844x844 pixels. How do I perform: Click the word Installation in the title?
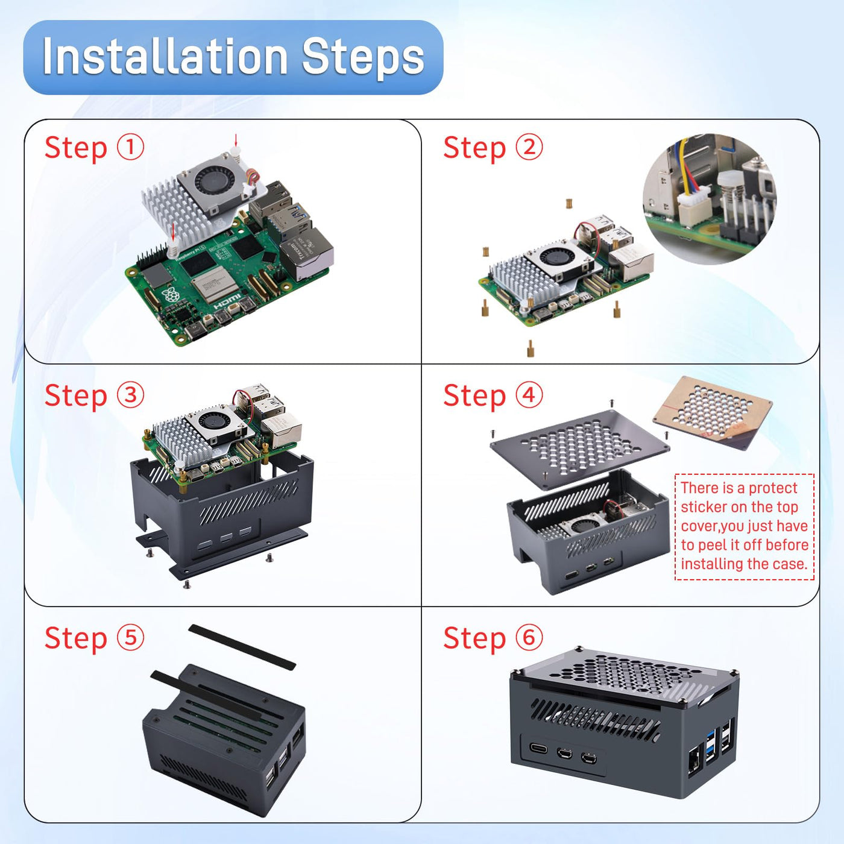click(165, 57)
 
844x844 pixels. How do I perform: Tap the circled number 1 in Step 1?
click(130, 147)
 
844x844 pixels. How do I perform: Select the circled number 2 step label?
click(529, 147)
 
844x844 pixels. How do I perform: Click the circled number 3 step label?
click(130, 395)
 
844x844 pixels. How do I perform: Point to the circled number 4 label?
click(529, 395)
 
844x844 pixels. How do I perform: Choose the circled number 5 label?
click(130, 638)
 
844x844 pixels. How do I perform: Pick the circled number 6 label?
click(529, 638)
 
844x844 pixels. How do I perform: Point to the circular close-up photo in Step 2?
click(710, 199)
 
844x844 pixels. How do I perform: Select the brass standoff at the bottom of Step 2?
click(530, 348)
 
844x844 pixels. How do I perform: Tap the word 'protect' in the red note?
click(773, 488)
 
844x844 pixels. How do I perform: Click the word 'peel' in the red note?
click(713, 545)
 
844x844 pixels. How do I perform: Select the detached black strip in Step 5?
click(242, 647)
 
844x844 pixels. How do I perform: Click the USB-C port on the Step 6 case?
click(538, 749)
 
